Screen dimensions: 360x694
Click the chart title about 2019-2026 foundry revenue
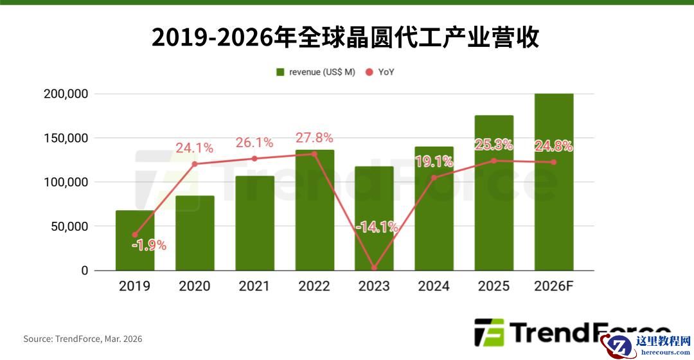point(345,38)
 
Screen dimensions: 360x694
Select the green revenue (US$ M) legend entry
point(316,72)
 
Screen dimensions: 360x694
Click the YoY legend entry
point(380,72)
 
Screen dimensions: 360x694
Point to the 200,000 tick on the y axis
point(66,94)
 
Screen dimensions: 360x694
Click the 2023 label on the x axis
point(374,286)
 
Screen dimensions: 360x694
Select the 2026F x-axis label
point(553,286)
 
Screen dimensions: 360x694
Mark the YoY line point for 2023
point(374,268)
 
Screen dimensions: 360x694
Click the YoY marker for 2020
point(195,164)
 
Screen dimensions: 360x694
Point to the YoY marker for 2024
point(434,177)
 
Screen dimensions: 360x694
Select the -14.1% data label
point(377,227)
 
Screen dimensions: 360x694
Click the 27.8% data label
point(314,138)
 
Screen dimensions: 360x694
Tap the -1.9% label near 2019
point(148,245)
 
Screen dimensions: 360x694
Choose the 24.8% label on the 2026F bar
point(553,146)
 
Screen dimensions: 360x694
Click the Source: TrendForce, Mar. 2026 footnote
point(83,339)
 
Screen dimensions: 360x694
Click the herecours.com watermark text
point(662,353)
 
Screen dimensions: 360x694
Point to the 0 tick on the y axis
point(84,271)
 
